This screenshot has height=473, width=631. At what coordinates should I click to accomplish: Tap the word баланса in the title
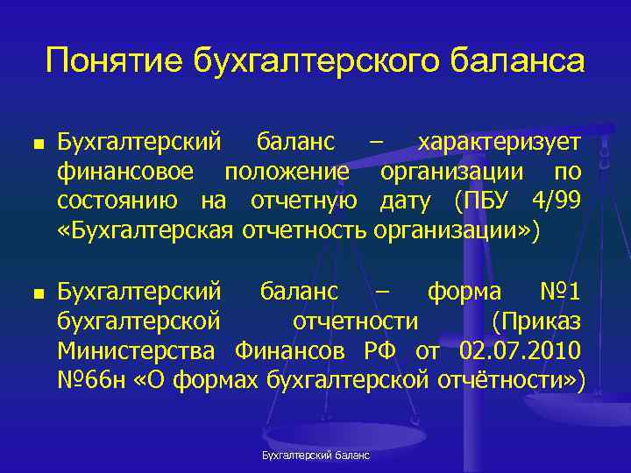pyautogui.click(x=518, y=62)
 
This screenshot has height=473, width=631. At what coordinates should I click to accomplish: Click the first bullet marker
pyautogui.click(x=34, y=142)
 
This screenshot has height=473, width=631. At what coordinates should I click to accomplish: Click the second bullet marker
pyautogui.click(x=34, y=291)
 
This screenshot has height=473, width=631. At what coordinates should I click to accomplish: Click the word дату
pyautogui.click(x=405, y=201)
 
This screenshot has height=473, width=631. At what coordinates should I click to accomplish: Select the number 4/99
pyautogui.click(x=557, y=201)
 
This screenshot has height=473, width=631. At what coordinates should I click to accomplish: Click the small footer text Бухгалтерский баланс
pyautogui.click(x=315, y=455)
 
